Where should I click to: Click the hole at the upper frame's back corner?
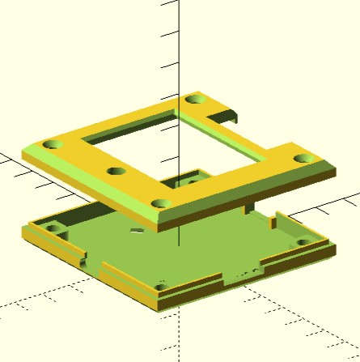(195, 100)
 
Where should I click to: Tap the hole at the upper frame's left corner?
(52, 144)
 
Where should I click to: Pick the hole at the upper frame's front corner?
(160, 203)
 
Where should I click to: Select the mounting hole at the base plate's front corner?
(160, 286)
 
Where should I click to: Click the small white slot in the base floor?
(135, 230)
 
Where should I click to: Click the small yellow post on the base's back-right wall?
(274, 216)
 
